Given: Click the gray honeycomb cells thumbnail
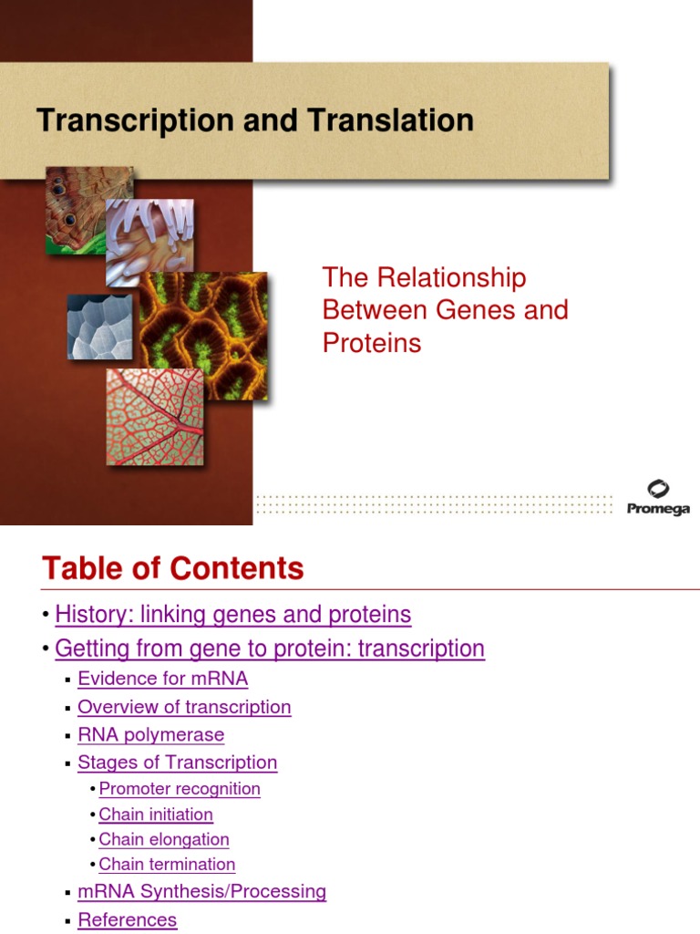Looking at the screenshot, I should tap(99, 327).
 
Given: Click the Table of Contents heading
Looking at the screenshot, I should tap(172, 569).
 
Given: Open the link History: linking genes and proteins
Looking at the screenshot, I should tap(233, 615).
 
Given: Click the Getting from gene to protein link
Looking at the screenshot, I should tap(270, 649).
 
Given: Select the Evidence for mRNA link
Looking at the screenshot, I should tap(162, 679).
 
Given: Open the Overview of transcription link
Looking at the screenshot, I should tap(184, 707).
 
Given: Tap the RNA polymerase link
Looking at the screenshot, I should tap(150, 734).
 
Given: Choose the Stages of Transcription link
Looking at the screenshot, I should tap(177, 763).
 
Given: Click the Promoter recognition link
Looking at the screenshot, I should tap(180, 789).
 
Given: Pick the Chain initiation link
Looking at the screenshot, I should tap(156, 815).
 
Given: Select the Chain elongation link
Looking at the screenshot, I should tap(164, 839).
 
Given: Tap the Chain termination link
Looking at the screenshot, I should tap(167, 864).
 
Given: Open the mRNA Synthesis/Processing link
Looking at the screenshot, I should tap(201, 891).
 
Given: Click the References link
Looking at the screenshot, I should tap(127, 919).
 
